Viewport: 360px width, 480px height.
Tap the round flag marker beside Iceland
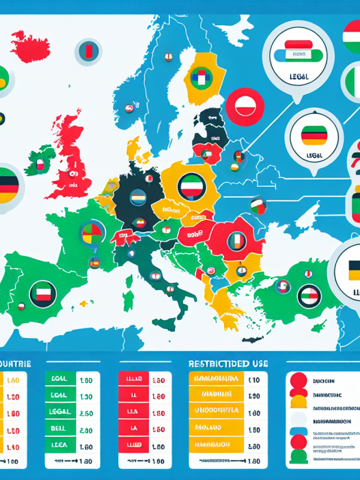(x=89, y=51)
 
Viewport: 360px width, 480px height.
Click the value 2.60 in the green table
(x=86, y=413)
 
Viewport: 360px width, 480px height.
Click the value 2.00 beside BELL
(x=86, y=430)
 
